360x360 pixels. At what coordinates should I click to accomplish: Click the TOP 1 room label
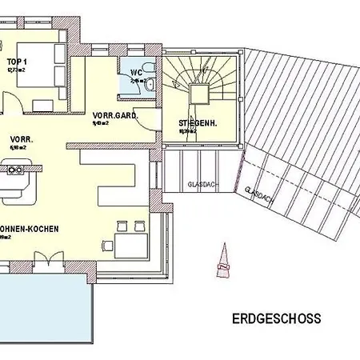coord(17,62)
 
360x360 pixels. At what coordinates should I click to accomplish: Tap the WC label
coord(135,72)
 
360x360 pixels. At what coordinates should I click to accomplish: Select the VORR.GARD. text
coord(115,115)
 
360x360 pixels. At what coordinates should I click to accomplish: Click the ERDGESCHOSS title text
coord(277,318)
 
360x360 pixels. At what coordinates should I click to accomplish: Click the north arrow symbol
coord(222,262)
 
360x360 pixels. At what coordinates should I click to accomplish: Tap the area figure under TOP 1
coord(17,70)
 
